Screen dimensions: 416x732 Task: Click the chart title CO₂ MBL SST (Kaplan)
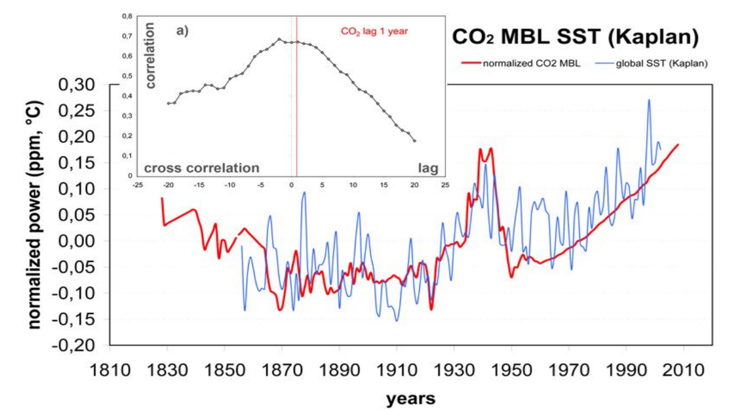click(x=574, y=37)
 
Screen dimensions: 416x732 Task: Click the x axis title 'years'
click(x=410, y=399)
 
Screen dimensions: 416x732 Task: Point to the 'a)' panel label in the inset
click(x=182, y=31)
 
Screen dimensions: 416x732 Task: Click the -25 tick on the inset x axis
click(x=137, y=184)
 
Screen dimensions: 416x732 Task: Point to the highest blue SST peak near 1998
click(x=649, y=100)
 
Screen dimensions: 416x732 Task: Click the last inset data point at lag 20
click(x=415, y=141)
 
